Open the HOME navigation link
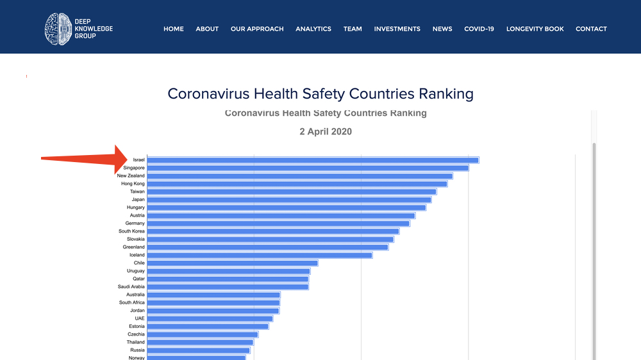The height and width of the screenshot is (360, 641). coord(173,29)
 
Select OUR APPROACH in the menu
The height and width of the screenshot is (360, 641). coord(257,29)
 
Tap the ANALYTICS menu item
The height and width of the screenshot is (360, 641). coord(313,29)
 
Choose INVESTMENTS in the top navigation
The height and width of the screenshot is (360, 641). coord(397,29)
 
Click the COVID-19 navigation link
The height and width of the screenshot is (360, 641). coord(479,29)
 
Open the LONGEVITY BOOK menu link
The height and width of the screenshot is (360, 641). coord(535,29)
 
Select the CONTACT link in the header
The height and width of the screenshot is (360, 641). coord(591,29)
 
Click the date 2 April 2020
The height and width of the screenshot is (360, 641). coord(326,132)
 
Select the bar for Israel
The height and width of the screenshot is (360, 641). coord(313,160)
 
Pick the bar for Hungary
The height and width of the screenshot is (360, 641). coord(287,208)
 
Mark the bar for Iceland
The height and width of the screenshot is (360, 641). coord(260,255)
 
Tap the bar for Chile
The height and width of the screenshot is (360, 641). coord(233,263)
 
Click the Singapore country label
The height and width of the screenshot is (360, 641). coord(134,168)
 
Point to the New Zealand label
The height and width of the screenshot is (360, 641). coord(131,176)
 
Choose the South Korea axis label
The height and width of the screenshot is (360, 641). coord(131,231)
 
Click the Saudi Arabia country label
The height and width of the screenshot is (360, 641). coord(131,287)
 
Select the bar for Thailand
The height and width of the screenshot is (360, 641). coord(201,342)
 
